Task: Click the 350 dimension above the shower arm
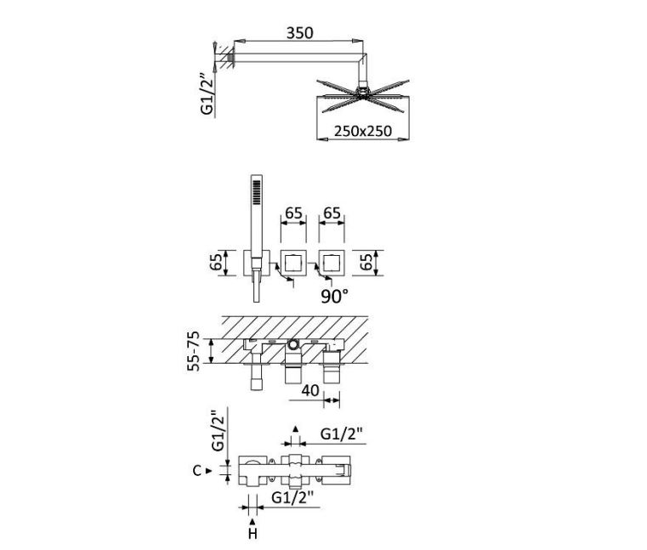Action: point(300,32)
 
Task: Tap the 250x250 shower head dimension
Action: point(363,131)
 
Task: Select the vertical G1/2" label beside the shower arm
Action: point(207,94)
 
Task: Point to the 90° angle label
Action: point(334,296)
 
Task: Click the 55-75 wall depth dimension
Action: point(193,351)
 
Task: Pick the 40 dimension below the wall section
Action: point(310,390)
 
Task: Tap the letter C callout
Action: point(197,470)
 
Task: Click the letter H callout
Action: point(253,534)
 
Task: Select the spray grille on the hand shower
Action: point(257,192)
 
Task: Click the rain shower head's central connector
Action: point(362,93)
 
